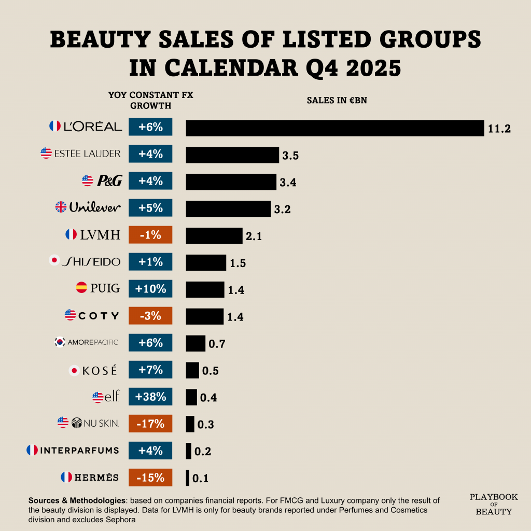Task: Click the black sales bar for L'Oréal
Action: [x=334, y=128]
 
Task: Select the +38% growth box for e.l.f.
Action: [x=150, y=397]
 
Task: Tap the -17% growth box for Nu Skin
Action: [x=150, y=424]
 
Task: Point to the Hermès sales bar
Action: [x=188, y=478]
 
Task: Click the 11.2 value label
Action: [x=499, y=129]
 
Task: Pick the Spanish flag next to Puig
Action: [x=81, y=287]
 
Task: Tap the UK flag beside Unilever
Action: [x=61, y=207]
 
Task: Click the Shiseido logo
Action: [x=91, y=262]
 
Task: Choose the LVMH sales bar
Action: [x=214, y=235]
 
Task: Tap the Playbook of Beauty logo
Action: [x=494, y=504]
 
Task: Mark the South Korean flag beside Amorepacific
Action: [x=60, y=342]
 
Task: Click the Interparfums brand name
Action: [x=79, y=450]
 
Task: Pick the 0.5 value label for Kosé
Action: [x=210, y=371]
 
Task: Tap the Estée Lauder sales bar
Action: [x=232, y=155]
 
